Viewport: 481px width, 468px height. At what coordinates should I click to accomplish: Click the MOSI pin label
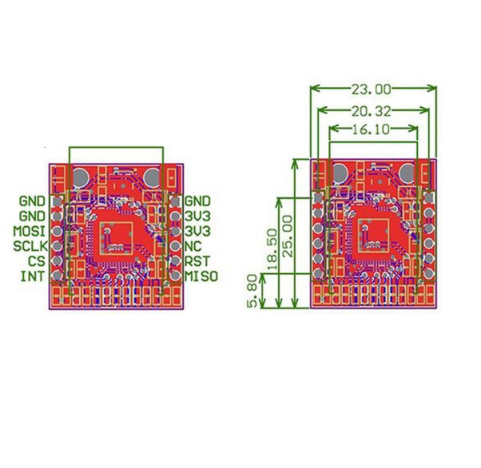(29, 231)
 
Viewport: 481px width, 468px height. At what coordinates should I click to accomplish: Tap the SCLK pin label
(30, 246)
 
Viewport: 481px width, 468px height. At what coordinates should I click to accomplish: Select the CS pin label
(37, 261)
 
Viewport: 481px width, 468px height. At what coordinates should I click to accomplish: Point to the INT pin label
(33, 276)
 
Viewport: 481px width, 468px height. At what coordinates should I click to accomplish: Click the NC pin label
(193, 246)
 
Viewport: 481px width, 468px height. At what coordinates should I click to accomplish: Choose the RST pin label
(197, 261)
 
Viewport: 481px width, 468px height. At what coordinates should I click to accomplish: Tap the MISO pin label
(201, 276)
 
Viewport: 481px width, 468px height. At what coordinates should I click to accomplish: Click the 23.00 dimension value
(372, 89)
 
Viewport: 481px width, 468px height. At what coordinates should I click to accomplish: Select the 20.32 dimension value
(372, 111)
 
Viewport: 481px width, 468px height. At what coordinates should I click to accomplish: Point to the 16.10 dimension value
(370, 129)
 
